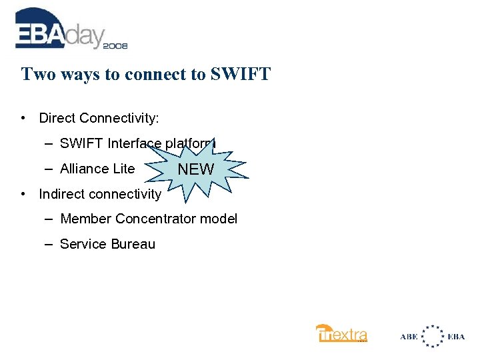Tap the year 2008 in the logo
coord(115,45)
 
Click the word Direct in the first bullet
coord(57,118)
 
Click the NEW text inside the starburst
coord(195,169)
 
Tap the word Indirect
coord(61,194)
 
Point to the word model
coord(219,219)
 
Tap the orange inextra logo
coord(341,333)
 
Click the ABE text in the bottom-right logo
coord(409,337)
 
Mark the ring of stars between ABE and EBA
coord(433,336)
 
